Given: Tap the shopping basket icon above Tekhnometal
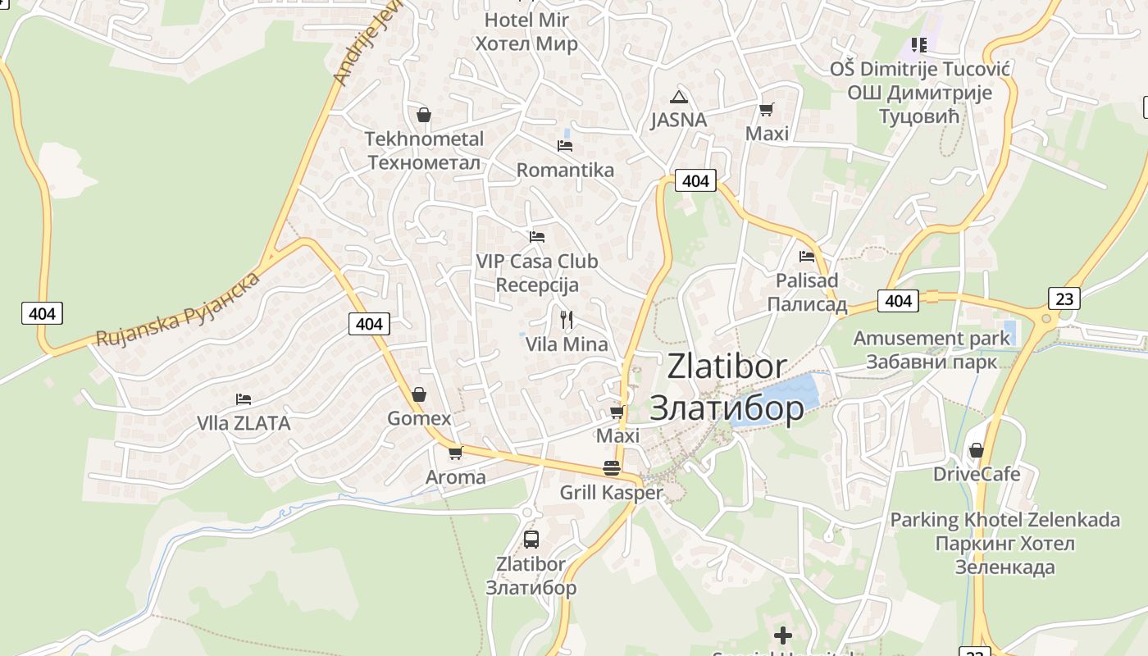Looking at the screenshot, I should pyautogui.click(x=424, y=115).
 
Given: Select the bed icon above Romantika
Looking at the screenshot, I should pyautogui.click(x=565, y=146).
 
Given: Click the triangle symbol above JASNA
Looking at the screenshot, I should pyautogui.click(x=678, y=97).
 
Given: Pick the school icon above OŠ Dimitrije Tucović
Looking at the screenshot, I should pyautogui.click(x=918, y=44).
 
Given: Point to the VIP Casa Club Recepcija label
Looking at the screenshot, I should pyautogui.click(x=537, y=273).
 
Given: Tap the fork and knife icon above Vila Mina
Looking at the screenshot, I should pyautogui.click(x=567, y=319).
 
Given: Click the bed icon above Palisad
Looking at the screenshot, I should pyautogui.click(x=807, y=257).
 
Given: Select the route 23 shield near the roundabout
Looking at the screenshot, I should pyautogui.click(x=1064, y=298).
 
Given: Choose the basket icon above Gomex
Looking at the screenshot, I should pyautogui.click(x=419, y=394).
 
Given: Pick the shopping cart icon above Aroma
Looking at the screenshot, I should pyautogui.click(x=456, y=453).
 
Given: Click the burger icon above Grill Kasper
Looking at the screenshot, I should pyautogui.click(x=611, y=468).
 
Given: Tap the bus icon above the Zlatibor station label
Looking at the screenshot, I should pyautogui.click(x=531, y=539).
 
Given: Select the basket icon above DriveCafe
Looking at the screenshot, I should pyautogui.click(x=976, y=450).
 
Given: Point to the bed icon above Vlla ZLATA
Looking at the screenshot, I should pyautogui.click(x=244, y=399).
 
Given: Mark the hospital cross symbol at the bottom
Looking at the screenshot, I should pyautogui.click(x=783, y=635).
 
